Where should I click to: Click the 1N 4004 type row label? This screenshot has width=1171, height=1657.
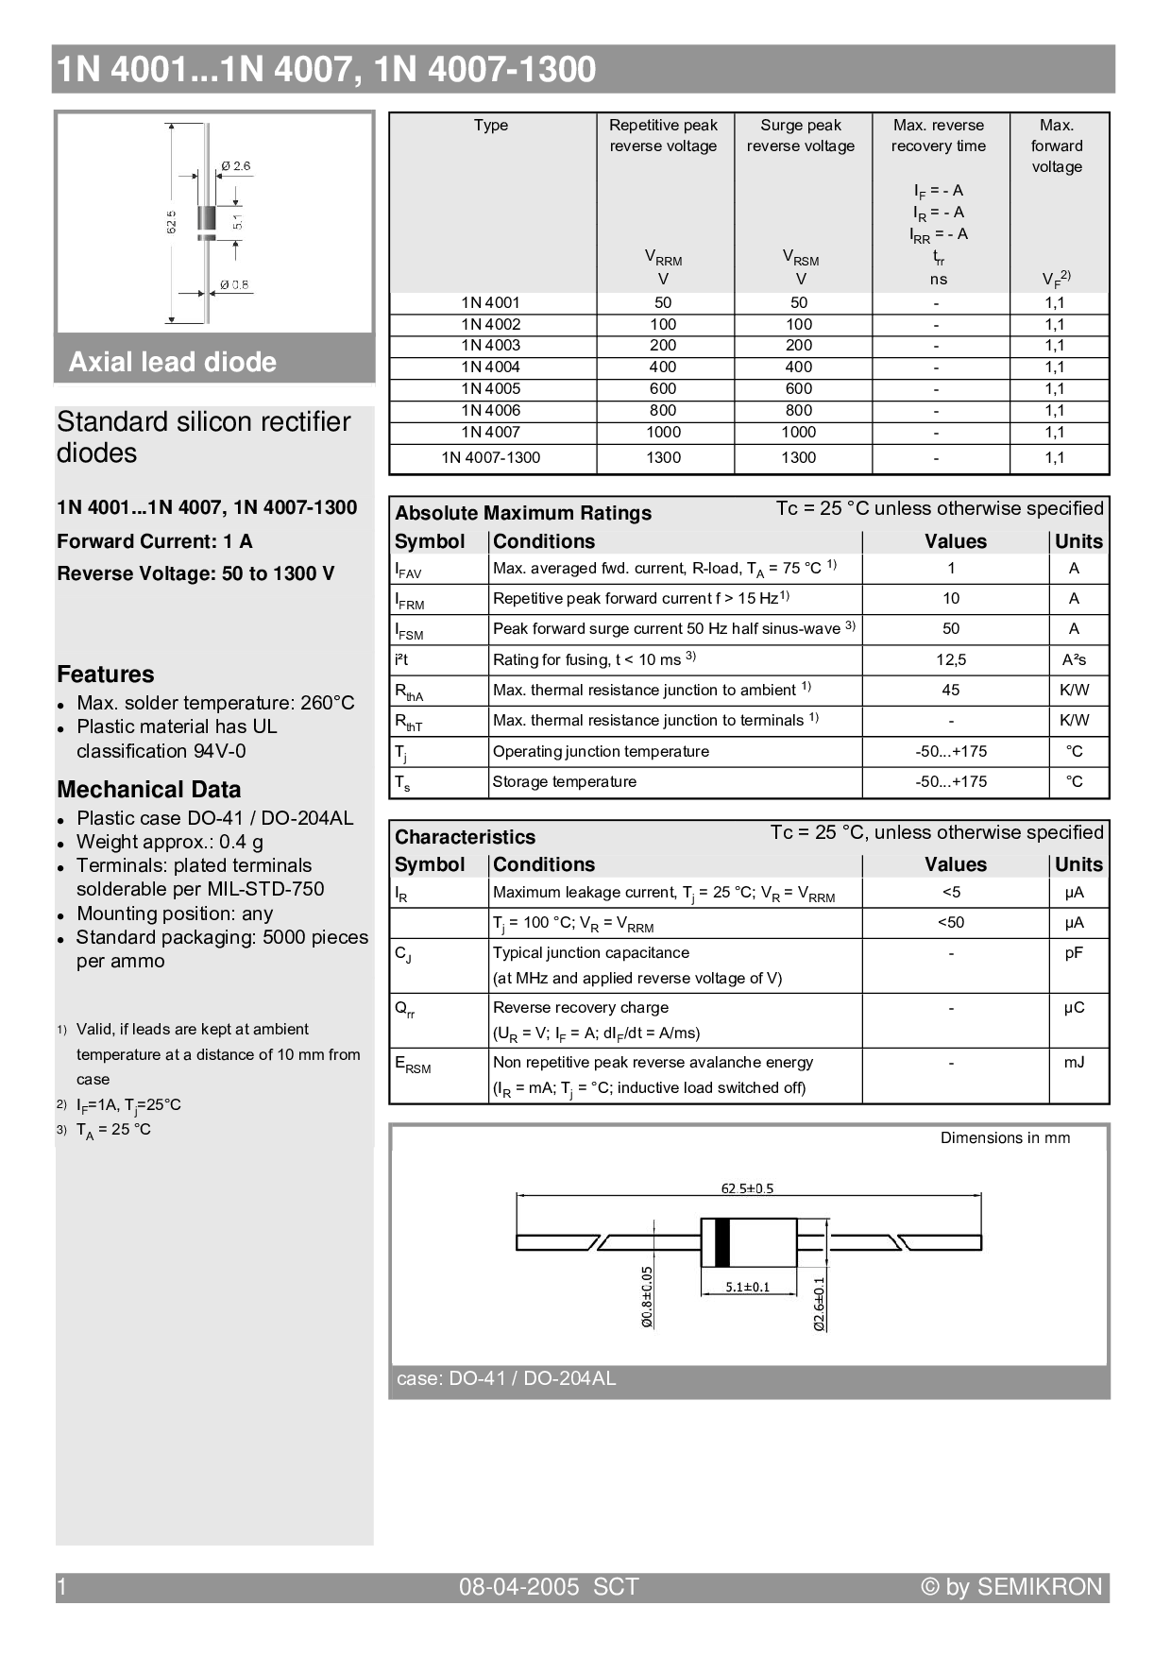pos(490,367)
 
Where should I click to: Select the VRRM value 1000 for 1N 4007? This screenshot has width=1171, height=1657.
pos(663,433)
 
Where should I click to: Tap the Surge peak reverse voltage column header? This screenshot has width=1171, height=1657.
pos(801,135)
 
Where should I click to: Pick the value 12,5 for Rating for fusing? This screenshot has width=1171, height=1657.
pos(951,659)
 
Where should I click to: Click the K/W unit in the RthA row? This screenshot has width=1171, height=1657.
pos(1074,691)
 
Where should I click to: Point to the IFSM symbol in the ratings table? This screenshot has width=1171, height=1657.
pos(409,630)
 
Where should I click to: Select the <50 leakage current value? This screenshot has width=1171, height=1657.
pos(951,923)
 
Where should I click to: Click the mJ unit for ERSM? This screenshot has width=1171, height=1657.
pos(1074,1063)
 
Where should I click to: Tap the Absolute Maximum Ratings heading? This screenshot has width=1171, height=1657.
pos(523,513)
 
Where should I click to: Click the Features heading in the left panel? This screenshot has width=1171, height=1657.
pos(105,675)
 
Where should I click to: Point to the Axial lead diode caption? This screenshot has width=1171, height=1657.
pos(173,362)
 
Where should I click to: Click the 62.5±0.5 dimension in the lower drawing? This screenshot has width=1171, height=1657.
pos(747,1188)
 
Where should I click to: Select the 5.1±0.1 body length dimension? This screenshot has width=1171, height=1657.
pos(747,1287)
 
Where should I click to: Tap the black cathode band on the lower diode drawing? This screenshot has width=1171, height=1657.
pos(722,1242)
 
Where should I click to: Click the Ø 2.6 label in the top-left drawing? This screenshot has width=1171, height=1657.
pos(236,166)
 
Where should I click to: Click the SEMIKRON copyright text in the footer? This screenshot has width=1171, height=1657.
pos(1011,1587)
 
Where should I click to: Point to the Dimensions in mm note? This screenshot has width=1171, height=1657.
pos(1005,1138)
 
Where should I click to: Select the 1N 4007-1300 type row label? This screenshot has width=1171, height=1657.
pos(490,458)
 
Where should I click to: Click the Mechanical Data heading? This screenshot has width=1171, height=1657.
pos(148,790)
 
